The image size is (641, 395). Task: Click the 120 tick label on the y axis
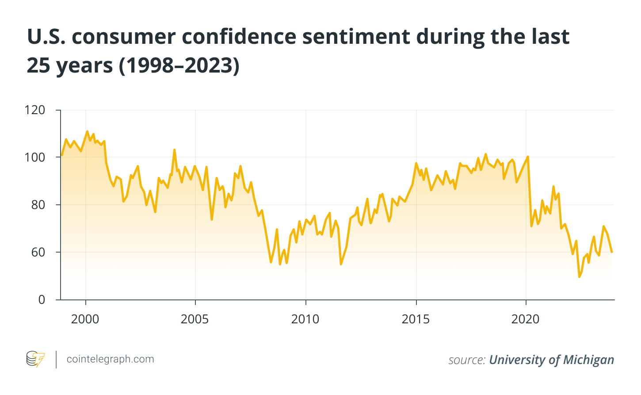pos(36,110)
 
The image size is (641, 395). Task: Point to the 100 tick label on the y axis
pos(36,157)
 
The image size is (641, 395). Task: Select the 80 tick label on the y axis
pos(37,205)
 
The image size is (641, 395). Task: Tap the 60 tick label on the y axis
pos(37,252)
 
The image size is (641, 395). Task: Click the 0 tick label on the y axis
pos(42,299)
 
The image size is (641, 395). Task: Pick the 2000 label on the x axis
pos(85,319)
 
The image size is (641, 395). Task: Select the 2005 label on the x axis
pos(195,319)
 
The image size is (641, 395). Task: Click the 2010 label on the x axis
pos(305,319)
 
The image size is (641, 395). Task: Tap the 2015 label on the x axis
pos(416,319)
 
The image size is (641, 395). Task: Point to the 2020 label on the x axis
pos(526,319)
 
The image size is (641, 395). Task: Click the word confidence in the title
pos(239,36)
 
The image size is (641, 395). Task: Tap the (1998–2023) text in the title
pos(179,65)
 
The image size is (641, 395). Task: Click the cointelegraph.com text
pos(110,359)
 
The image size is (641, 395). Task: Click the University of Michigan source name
pos(551,360)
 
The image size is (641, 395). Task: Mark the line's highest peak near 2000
pos(87,131)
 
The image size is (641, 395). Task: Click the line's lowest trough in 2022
pos(579,276)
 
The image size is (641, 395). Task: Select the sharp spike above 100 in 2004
pos(174,150)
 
